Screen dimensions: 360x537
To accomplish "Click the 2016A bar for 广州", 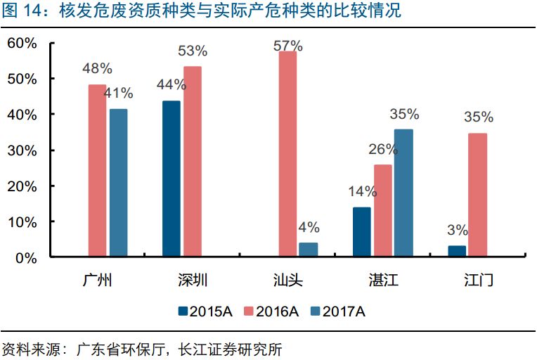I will (97, 171).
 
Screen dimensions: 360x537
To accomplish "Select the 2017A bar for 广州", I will (118, 183).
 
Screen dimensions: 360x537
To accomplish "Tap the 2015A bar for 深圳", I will (171, 179).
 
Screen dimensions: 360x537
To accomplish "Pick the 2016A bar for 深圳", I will (193, 162).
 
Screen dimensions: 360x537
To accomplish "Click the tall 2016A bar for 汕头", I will (287, 155).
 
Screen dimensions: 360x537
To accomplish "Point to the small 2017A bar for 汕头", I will (309, 250).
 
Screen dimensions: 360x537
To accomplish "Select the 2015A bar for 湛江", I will (362, 232).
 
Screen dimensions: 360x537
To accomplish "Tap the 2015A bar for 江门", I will (457, 251).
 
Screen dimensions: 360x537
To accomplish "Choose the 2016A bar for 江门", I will (478, 195).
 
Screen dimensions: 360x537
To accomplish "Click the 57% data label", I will (288, 46).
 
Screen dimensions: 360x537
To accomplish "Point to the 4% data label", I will (309, 227).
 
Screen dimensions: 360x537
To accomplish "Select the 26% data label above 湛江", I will (383, 150).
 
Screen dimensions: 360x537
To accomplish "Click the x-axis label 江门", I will (478, 281).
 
